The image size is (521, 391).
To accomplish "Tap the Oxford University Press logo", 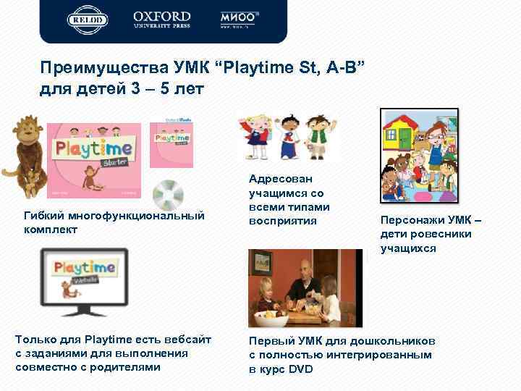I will (162, 20).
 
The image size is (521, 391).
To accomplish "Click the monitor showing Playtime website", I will (85, 281).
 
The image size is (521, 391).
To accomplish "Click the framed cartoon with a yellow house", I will (420, 156).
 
